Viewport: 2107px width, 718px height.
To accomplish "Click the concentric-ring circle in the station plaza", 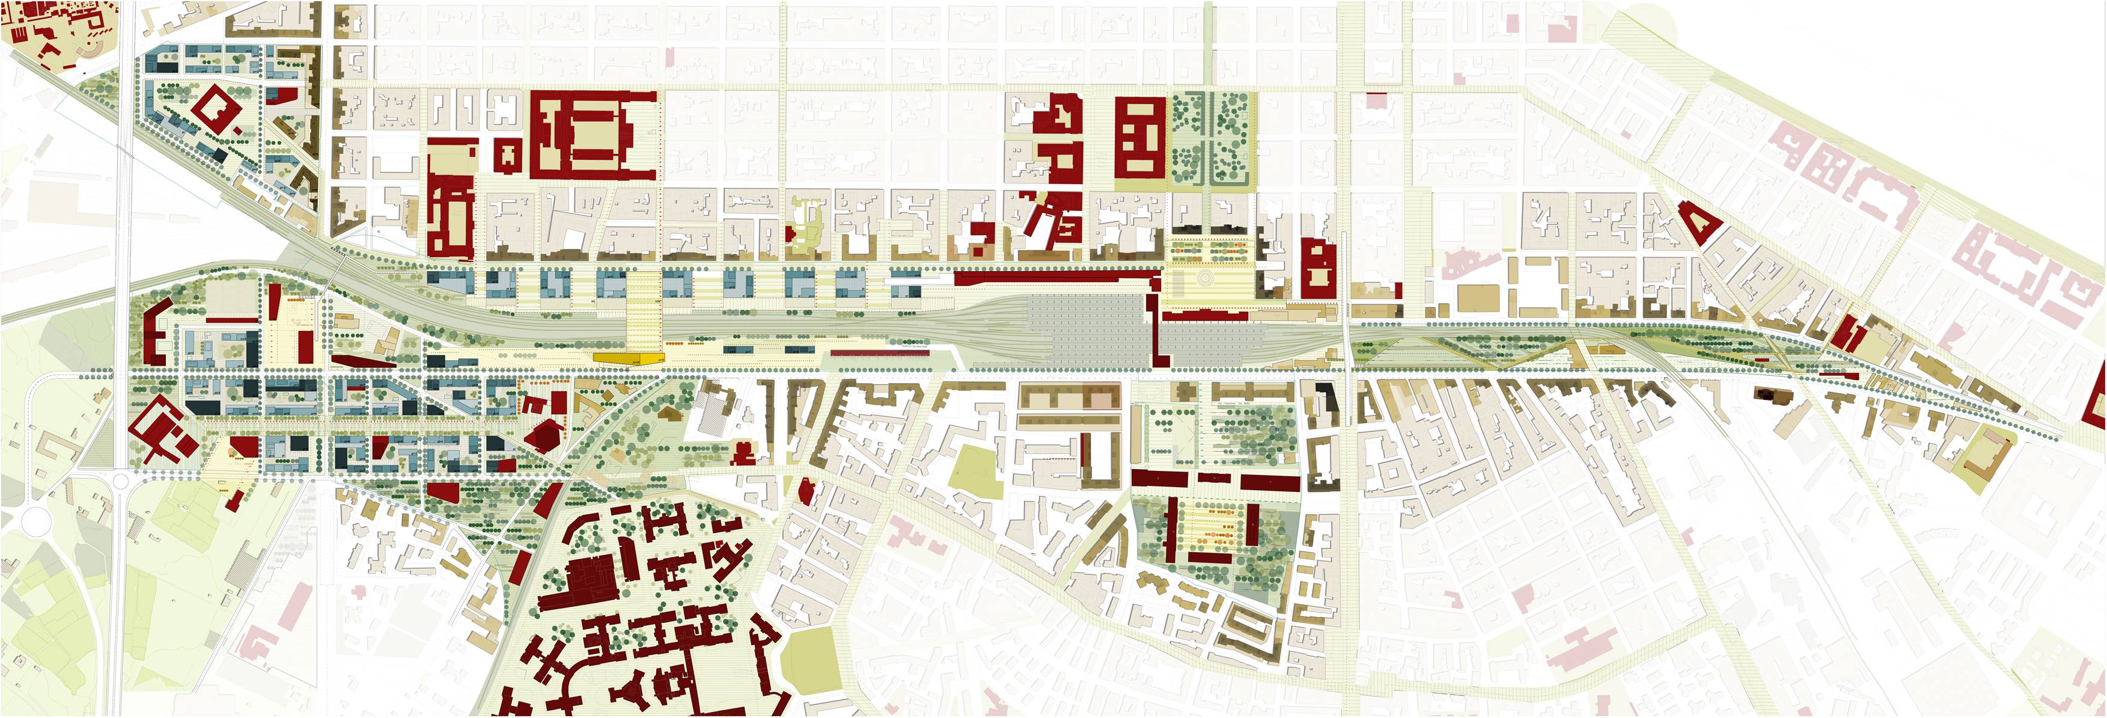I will point(1203,279).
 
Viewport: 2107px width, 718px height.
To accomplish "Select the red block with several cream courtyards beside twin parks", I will point(1140,136).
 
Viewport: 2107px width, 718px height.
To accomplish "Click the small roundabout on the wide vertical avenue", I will point(120,481).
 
